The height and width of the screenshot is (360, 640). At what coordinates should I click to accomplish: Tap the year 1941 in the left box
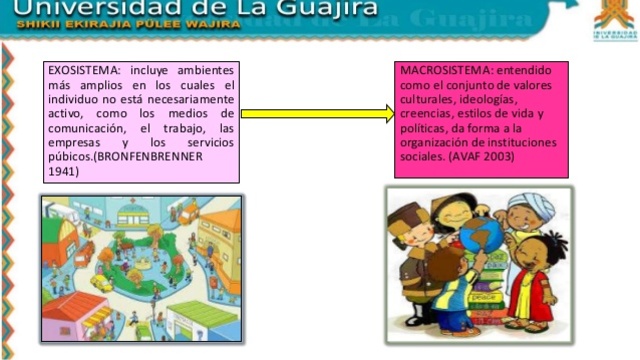[62, 171]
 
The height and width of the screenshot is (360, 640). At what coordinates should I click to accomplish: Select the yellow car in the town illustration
[101, 283]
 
